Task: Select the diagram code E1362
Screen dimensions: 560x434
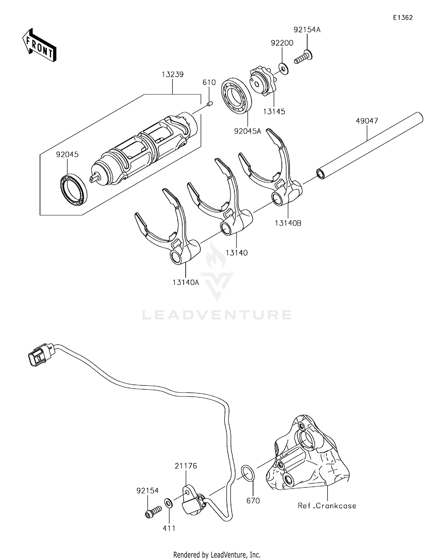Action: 403,18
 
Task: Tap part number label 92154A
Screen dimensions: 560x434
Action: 307,30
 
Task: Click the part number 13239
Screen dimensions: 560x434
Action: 172,75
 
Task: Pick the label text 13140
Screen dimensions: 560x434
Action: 237,253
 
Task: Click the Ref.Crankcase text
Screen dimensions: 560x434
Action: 327,513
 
